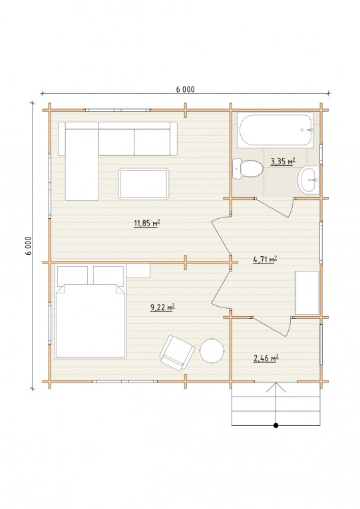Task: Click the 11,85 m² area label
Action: (147, 224)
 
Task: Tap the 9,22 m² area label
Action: (162, 307)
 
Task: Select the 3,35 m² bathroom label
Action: (283, 161)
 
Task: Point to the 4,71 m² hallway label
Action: (265, 259)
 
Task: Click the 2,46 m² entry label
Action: (266, 358)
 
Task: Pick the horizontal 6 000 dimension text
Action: (186, 89)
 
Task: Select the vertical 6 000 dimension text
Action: (29, 246)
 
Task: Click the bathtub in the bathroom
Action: (275, 130)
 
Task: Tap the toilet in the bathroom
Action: (248, 168)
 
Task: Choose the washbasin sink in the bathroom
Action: (309, 180)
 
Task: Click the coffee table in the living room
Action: (144, 184)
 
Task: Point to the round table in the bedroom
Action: (212, 351)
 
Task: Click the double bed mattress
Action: (90, 321)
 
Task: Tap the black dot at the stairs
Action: (276, 425)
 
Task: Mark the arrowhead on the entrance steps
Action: (276, 387)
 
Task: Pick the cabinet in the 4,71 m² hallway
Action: (307, 293)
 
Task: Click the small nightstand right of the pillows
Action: (138, 271)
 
